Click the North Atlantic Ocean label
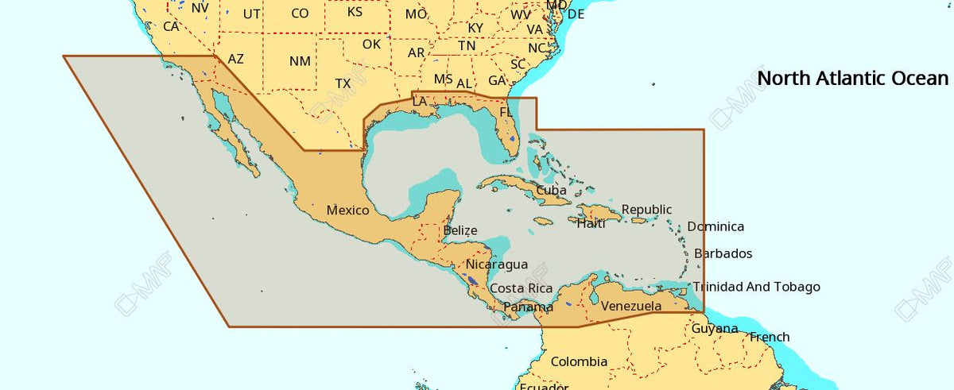pyautogui.click(x=852, y=78)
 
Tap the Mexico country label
pyautogui.click(x=347, y=210)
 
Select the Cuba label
pyautogui.click(x=551, y=191)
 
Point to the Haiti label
pyautogui.click(x=591, y=224)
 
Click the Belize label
pyautogui.click(x=460, y=231)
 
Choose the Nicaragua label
pyautogui.click(x=497, y=264)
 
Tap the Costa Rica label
pyautogui.click(x=521, y=288)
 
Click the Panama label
pyautogui.click(x=528, y=307)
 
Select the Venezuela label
pyautogui.click(x=630, y=306)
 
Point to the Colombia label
pyautogui.click(x=579, y=361)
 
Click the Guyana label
pyautogui.click(x=714, y=329)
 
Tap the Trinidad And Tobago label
pyautogui.click(x=756, y=287)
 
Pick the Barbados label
pyautogui.click(x=723, y=254)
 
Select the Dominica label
pyautogui.click(x=715, y=226)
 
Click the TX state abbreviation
pyautogui.click(x=343, y=83)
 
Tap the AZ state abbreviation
pyautogui.click(x=236, y=59)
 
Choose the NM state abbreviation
pyautogui.click(x=300, y=61)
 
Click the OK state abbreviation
pyautogui.click(x=371, y=44)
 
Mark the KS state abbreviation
pyautogui.click(x=355, y=11)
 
